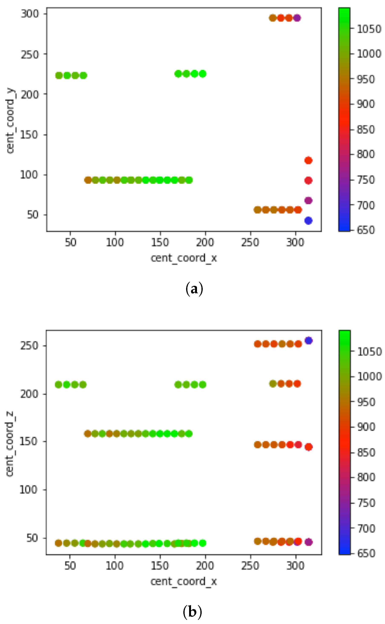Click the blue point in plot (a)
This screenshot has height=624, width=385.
click(308, 220)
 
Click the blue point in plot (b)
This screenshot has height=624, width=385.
click(308, 340)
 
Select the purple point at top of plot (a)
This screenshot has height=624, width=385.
click(297, 18)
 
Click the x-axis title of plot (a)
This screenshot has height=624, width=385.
click(184, 258)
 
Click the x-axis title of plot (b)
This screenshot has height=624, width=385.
click(184, 581)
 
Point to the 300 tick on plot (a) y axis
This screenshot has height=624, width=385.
click(30, 14)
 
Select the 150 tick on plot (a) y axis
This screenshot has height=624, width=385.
click(30, 135)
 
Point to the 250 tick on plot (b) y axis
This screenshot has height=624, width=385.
click(30, 346)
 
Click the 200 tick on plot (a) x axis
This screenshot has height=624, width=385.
click(205, 242)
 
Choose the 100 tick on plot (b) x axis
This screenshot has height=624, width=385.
click(115, 566)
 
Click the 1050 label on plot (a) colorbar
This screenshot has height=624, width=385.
click(369, 29)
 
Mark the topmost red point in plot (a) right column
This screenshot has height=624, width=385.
click(308, 160)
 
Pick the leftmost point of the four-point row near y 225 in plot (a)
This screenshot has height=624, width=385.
click(59, 76)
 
